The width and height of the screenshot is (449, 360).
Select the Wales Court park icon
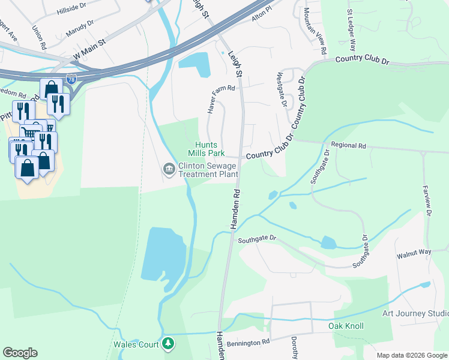[169, 344]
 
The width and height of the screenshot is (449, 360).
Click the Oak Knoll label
[346, 326]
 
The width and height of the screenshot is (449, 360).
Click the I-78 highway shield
[71, 79]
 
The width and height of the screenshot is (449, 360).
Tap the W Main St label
[89, 50]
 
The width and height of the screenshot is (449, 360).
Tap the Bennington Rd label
[249, 343]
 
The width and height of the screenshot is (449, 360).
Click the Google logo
[20, 353]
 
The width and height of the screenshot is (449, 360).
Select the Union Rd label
[40, 37]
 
